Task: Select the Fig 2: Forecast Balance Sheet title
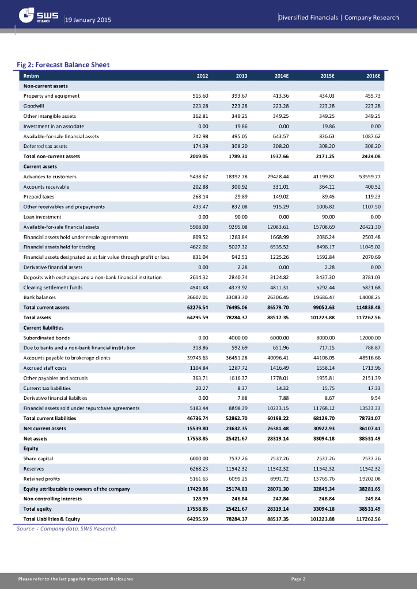coord(63,64)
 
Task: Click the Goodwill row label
coord(34,106)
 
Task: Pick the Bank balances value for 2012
coord(196,297)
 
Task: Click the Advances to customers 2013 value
coord(235,176)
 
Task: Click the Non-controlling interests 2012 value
coord(198,499)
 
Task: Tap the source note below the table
coord(66,529)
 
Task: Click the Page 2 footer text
coord(298,579)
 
